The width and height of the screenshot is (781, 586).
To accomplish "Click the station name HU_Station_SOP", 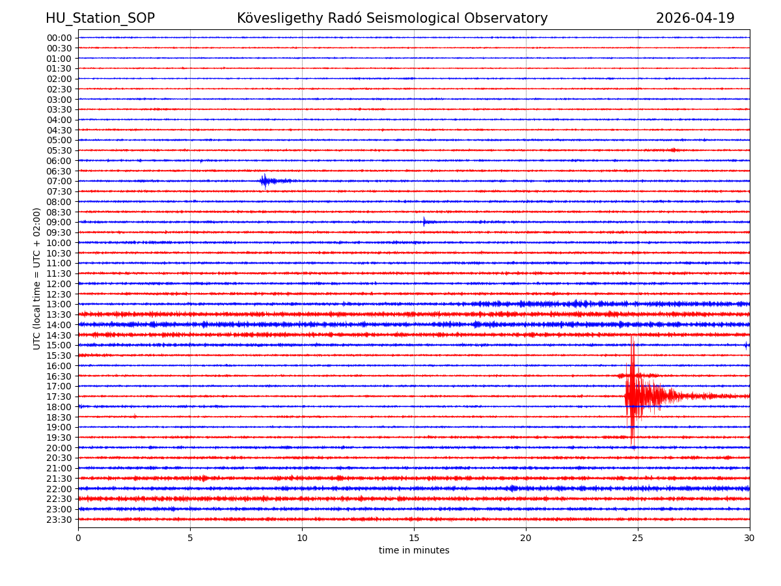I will tap(100, 18).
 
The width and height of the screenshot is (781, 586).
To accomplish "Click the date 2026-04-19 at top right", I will tap(695, 18).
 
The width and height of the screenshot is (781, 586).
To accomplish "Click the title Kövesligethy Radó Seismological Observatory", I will tap(392, 18).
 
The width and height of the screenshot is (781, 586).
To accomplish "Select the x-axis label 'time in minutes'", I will tap(414, 551).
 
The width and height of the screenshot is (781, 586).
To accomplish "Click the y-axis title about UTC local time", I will tap(37, 278).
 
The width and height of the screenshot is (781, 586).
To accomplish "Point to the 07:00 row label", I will tap(59, 181).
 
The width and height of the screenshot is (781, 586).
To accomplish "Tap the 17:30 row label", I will tap(59, 397).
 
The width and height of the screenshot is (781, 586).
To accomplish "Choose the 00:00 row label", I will tap(59, 38).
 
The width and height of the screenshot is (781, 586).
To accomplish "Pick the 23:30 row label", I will tap(59, 520).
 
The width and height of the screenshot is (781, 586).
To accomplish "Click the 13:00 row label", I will tap(59, 304).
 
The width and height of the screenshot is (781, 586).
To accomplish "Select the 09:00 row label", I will tap(59, 222).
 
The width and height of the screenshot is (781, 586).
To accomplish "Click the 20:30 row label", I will tap(59, 458).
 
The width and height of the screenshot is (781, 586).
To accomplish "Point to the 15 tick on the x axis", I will tap(414, 538).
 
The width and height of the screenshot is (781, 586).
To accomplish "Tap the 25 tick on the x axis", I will tap(638, 538).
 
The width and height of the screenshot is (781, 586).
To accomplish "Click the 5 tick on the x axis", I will tap(190, 538).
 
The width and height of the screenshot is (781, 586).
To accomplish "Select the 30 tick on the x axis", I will tap(750, 538).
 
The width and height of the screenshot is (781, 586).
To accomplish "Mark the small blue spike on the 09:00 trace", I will tap(424, 222).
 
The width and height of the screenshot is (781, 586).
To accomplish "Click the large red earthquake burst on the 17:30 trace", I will tap(635, 395).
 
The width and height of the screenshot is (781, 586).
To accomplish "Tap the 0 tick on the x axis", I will tap(78, 538).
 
